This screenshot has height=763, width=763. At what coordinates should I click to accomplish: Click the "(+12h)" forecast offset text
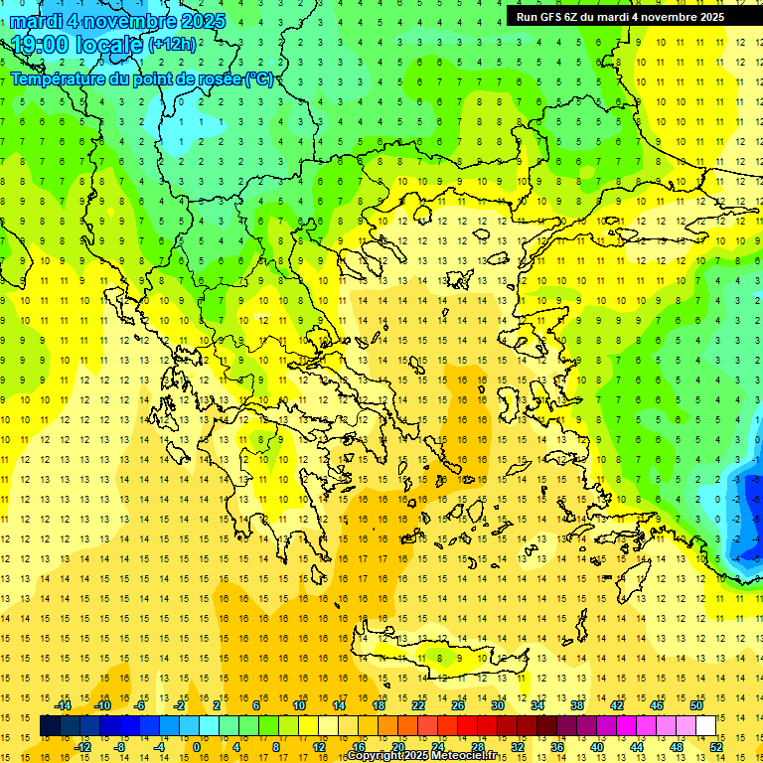point(172,45)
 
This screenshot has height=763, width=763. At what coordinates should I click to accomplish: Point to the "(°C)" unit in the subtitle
point(259,78)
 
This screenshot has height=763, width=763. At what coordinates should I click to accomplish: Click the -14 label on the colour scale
point(64,705)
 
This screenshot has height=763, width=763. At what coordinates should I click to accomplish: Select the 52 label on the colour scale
point(716,747)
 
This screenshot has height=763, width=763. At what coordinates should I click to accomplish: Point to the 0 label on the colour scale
point(197,747)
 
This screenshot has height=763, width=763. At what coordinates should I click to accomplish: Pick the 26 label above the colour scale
point(458,705)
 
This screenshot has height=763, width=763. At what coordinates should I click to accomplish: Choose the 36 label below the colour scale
point(557,747)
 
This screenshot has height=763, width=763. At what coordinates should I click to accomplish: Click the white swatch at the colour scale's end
point(705,726)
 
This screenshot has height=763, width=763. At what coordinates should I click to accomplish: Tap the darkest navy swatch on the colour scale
point(50,726)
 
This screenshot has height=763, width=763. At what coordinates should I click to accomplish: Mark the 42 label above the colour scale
point(617,705)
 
